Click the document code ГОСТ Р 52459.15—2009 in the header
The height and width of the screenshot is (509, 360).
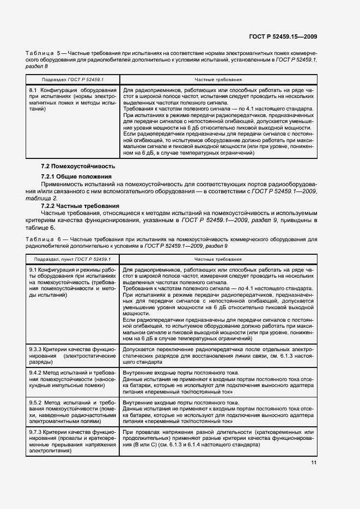coord(291,36)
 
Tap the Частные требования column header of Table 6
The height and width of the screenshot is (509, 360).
coord(218,260)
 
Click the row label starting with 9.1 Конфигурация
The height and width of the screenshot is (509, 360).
coord(72,282)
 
